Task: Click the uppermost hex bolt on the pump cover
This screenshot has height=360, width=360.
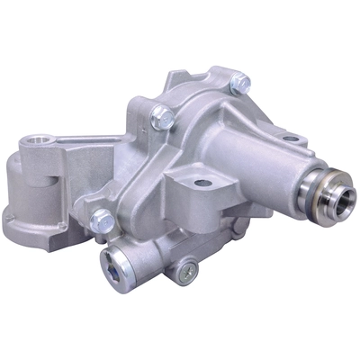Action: point(238,84)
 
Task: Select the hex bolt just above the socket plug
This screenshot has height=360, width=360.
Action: point(103,219)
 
